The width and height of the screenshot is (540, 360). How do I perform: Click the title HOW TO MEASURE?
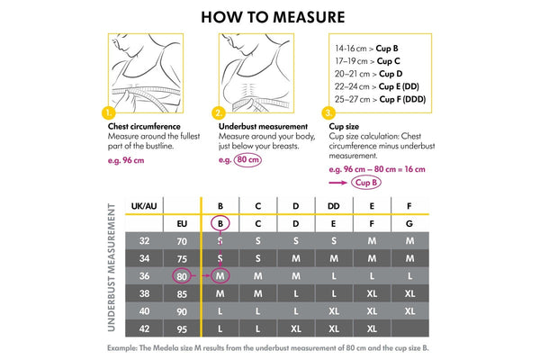coord(269,16)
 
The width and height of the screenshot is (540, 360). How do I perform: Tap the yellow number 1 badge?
coord(109,113)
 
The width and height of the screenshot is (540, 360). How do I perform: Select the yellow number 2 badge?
coord(219,113)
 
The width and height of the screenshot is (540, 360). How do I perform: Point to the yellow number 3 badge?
coord(329,113)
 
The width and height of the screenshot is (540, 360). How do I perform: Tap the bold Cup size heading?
coord(346,127)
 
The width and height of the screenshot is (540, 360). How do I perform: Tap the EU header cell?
coord(182,223)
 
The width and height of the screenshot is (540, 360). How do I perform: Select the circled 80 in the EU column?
coord(182,275)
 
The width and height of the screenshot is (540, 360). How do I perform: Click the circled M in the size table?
coord(220,275)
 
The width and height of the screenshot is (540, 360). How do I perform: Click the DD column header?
coord(334,206)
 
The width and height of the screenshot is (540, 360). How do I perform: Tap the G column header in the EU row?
coord(409,223)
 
